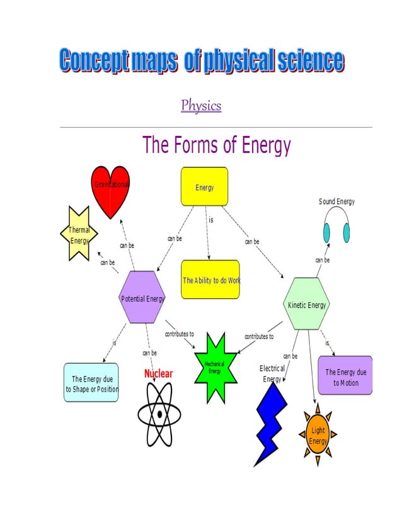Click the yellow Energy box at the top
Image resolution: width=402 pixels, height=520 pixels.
[204, 186]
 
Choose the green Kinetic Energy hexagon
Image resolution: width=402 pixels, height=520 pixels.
[307, 304]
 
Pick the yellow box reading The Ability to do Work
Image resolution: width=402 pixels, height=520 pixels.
[210, 280]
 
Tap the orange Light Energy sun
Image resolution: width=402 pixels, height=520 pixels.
[318, 434]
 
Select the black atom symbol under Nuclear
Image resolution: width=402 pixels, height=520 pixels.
[159, 414]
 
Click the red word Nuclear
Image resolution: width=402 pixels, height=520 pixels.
[158, 373]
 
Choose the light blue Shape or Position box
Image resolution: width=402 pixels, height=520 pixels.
[91, 383]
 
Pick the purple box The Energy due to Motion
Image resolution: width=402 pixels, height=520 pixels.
[345, 376]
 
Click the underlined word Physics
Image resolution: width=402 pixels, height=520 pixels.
[201, 105]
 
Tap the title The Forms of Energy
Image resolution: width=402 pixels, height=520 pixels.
[216, 145]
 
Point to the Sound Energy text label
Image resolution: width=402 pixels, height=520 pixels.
[336, 201]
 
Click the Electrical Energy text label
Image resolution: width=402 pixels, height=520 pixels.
[272, 373]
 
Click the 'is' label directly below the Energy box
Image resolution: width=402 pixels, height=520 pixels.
[210, 220]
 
